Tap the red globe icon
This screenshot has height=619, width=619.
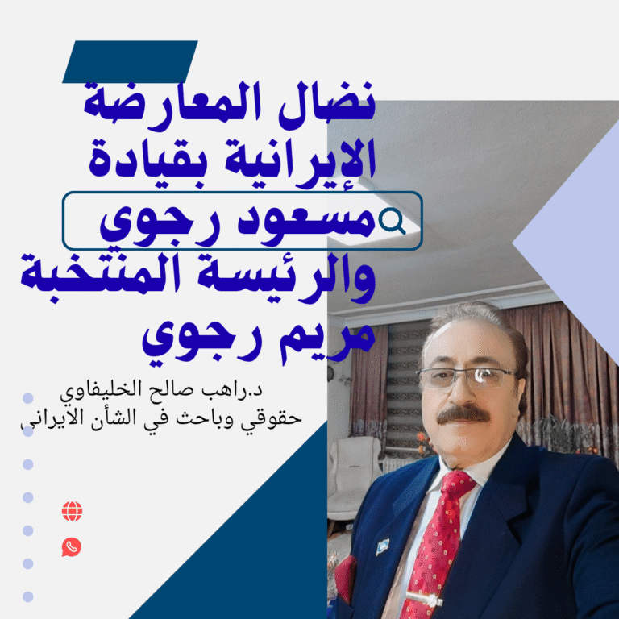click(72, 511)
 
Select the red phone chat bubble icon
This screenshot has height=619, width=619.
click(72, 547)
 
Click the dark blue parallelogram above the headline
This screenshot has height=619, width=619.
click(130, 62)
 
